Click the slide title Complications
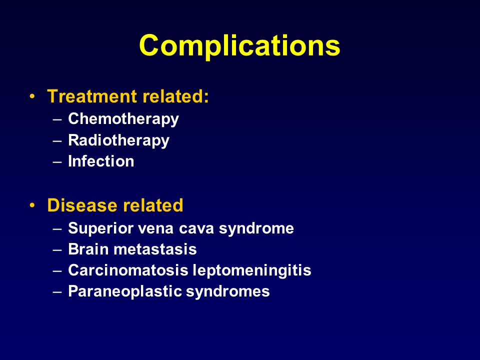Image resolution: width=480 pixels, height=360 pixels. tap(239, 46)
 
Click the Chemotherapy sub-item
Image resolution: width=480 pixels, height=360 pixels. tap(123, 119)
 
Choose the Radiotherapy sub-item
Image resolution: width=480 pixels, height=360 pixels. tap(119, 140)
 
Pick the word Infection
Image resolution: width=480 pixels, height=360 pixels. tap(101, 161)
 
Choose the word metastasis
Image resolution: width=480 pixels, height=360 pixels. tap(155, 249)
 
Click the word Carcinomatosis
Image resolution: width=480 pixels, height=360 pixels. tap(128, 270)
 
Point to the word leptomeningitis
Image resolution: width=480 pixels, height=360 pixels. tap(252, 270)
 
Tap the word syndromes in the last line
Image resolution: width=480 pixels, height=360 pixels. tap(228, 291)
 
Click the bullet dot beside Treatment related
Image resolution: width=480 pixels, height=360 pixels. tap(32, 96)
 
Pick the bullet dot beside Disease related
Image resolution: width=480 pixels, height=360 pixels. tap(32, 205)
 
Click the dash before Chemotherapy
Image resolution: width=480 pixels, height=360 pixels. tap(57, 119)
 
